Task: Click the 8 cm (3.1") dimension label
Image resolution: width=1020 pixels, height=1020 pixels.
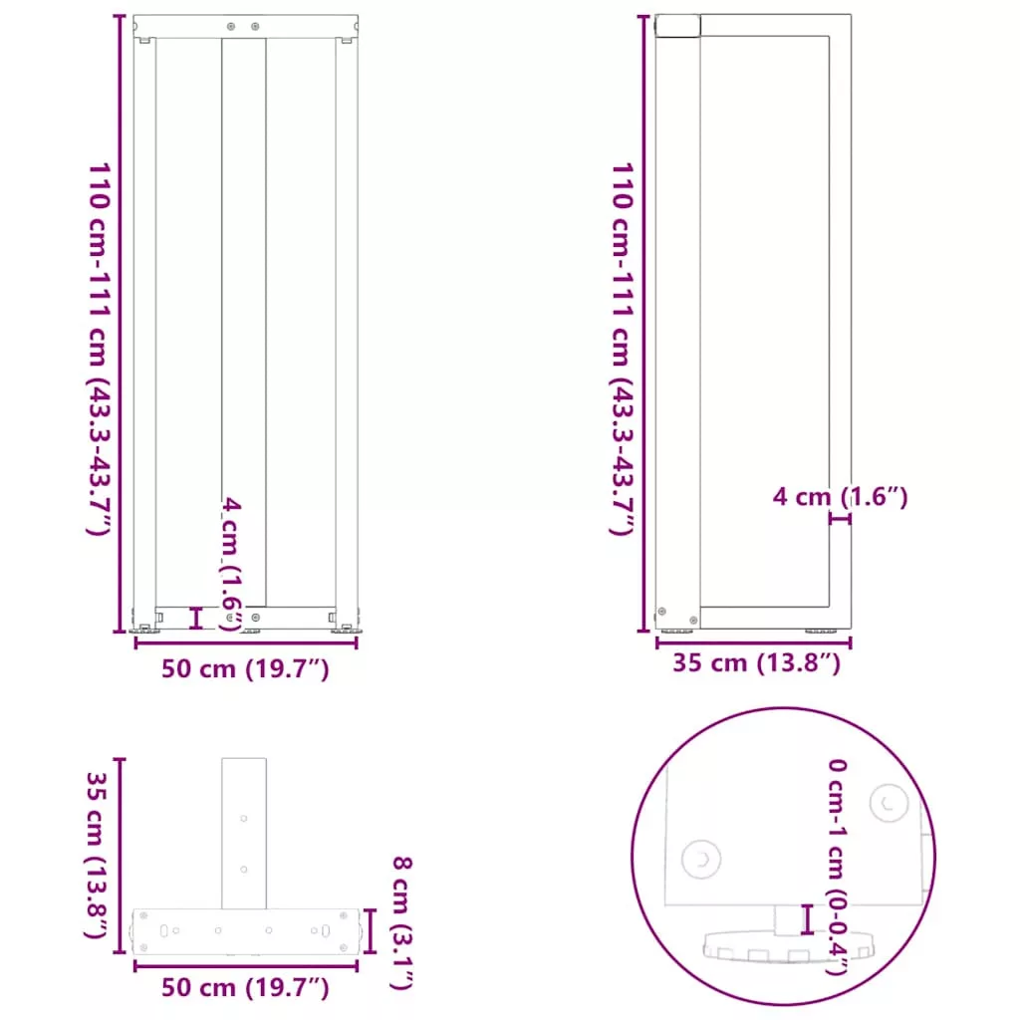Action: (402, 923)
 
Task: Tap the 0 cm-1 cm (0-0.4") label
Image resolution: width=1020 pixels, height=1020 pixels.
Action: (837, 867)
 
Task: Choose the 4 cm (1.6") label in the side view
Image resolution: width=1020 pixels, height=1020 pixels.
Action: (840, 497)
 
